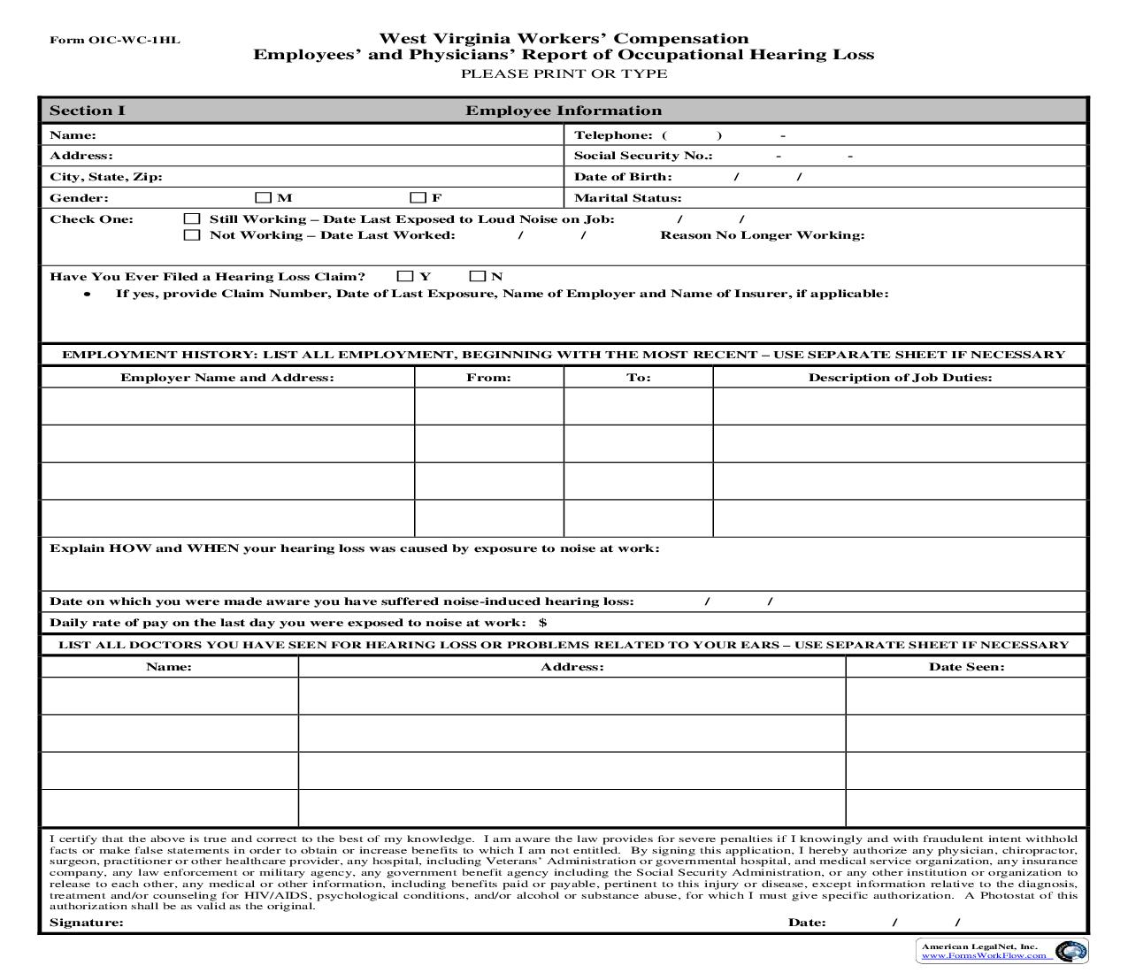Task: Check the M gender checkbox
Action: [264, 198]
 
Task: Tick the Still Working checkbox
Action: [191, 218]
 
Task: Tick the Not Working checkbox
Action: [191, 235]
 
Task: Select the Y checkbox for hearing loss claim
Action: [406, 276]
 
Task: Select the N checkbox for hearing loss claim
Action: [478, 276]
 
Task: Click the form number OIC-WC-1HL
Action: [115, 40]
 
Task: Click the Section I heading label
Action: [88, 111]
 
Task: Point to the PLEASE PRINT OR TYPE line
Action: [564, 73]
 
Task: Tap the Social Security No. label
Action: [643, 156]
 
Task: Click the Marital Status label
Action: [628, 198]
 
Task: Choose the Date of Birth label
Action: [623, 177]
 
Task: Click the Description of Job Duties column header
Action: [900, 378]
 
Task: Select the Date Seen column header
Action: [966, 667]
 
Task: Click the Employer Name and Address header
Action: [227, 378]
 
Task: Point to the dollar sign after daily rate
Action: [542, 623]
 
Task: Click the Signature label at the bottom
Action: [87, 923]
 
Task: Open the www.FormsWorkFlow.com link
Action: [983, 956]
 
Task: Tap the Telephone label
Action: [613, 135]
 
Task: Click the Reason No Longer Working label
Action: [762, 235]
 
